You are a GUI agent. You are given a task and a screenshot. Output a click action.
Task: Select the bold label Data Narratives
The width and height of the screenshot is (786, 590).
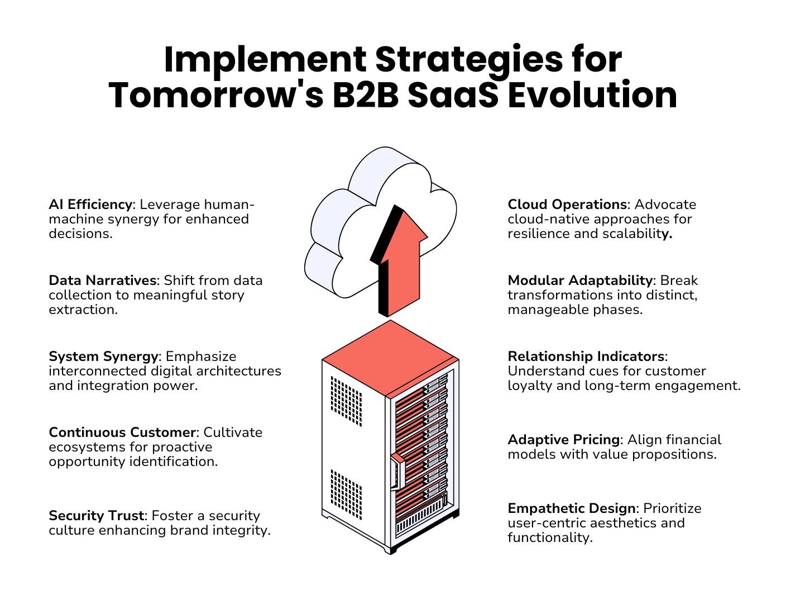102,280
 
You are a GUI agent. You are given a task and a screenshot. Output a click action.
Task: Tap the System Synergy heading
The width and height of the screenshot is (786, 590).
103,356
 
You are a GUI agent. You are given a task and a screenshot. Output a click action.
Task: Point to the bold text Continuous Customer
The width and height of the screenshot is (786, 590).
122,432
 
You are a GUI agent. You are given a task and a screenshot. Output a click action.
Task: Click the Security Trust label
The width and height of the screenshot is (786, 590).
97,516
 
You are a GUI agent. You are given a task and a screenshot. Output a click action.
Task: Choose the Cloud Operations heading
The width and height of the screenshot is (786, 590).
567,204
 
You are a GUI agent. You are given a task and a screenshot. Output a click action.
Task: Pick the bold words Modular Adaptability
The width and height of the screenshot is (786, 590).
580,280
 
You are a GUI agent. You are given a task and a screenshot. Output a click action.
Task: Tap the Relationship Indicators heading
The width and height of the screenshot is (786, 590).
586,356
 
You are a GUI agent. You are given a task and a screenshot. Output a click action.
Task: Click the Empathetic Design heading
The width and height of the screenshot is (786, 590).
572,508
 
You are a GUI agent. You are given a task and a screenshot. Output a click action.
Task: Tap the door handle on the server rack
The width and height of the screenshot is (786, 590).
396,472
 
